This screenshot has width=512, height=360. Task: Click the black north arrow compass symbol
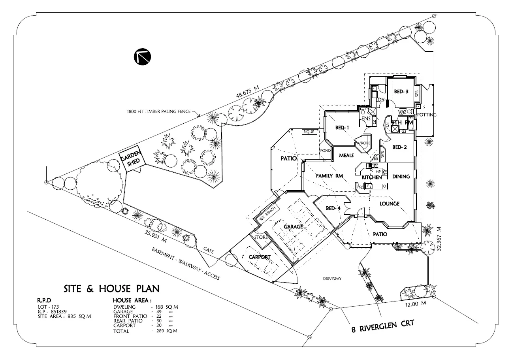point(142,57)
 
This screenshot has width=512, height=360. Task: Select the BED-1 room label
point(342,128)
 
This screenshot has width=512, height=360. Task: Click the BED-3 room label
point(401,92)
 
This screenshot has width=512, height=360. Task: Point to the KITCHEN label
point(372,177)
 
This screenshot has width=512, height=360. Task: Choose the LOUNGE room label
point(390,204)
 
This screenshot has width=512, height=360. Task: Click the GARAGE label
point(293,227)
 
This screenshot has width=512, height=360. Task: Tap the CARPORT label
point(259,257)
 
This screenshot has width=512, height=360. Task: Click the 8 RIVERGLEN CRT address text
point(382,326)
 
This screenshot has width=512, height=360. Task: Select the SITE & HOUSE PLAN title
point(111,288)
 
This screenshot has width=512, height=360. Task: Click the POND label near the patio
point(326,151)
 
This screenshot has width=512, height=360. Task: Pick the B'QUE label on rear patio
point(309,132)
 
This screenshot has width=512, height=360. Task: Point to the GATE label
point(209,250)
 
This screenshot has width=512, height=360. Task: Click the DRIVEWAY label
point(331,279)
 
